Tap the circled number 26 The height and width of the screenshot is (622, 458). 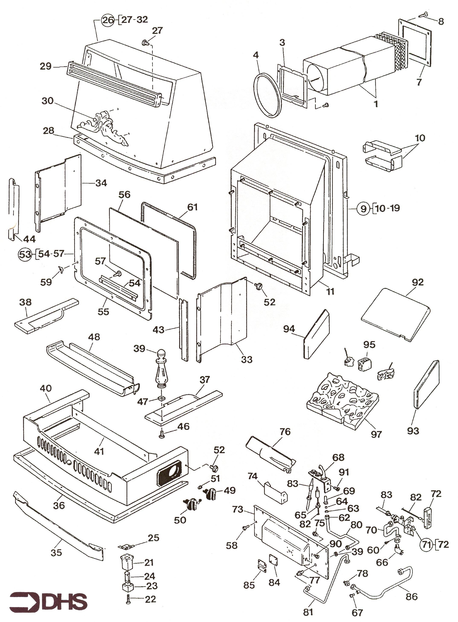[x=108, y=20]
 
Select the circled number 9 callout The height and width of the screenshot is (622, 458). [x=363, y=208]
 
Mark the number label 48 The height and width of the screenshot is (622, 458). [x=94, y=337]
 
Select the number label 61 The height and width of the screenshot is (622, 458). [x=192, y=207]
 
